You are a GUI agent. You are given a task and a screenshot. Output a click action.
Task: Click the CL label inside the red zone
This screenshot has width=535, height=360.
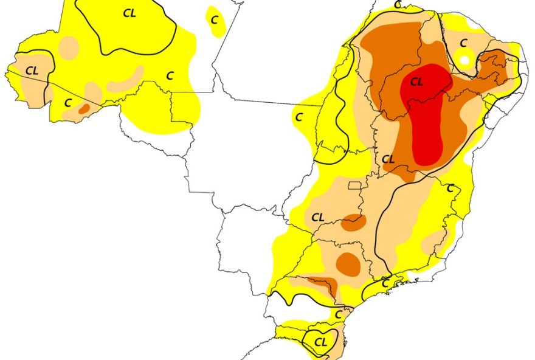pos(416,82)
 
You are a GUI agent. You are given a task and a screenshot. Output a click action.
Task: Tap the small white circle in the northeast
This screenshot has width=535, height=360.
pos(464,60)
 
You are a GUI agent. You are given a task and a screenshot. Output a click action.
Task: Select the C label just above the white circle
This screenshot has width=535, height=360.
pos(463,43)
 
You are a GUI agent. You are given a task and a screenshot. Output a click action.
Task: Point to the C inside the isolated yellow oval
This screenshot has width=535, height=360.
pos(214,19)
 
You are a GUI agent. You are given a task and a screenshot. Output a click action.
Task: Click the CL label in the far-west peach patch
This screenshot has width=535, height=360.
pos(32,71)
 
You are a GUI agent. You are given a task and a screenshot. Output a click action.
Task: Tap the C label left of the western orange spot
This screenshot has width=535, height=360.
pos(68,103)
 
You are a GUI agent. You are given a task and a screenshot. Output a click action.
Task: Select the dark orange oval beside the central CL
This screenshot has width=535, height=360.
pos(354,223)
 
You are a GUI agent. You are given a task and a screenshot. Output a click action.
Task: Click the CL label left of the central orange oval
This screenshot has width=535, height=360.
pos(319,217)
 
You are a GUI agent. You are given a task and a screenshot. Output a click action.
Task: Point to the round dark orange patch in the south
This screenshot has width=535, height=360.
pos(348,263)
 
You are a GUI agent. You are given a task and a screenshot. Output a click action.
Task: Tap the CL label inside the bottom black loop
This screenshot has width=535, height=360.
pos(321,341)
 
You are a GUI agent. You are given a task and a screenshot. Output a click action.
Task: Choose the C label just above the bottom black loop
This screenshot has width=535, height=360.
pos(339,315)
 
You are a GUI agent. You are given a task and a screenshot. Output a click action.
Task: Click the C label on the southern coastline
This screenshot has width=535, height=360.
pos(385,283)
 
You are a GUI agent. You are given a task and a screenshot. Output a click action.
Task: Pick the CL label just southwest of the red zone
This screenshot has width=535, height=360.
pos(388,159)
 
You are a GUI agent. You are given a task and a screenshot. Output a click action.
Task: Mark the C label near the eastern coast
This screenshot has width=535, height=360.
pos(450,189)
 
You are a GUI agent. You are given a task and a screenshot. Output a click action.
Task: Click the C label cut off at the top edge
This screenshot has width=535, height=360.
pos(398,4)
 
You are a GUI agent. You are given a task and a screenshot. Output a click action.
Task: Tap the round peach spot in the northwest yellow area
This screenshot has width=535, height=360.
pos(69,47)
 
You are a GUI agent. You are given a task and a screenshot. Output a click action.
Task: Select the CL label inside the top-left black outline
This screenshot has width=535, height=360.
pos(129,14)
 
